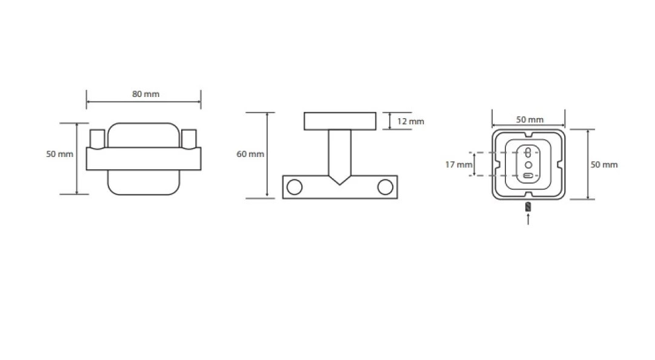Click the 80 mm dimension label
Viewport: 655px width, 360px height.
(146, 94)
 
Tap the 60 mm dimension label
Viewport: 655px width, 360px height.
(250, 154)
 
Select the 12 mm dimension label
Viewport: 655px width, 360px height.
(411, 122)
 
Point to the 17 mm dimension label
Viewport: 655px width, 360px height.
(459, 165)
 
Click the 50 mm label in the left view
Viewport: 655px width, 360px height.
(60, 154)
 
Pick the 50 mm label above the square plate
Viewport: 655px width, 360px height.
(530, 119)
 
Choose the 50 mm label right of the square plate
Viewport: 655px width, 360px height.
(604, 165)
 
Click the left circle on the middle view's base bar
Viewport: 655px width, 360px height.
(294, 187)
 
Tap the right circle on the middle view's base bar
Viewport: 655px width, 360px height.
(385, 187)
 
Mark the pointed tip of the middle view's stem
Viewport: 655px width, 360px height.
(339, 185)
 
